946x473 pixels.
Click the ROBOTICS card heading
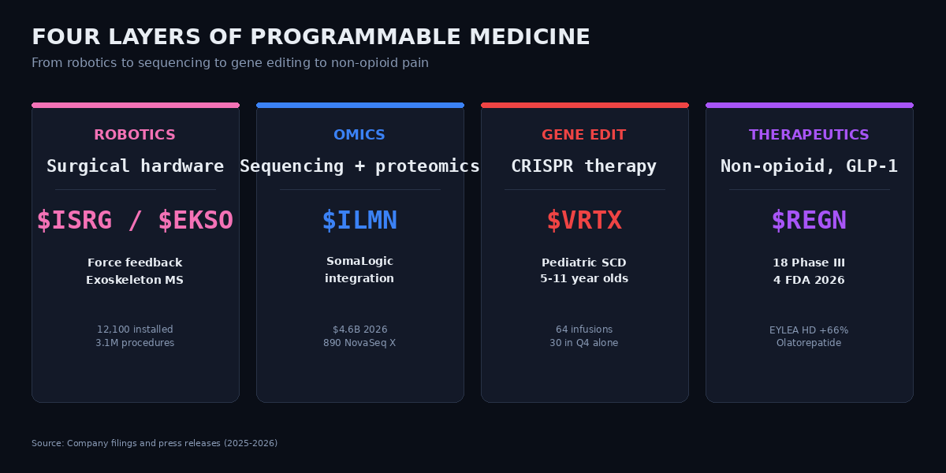tap(135, 135)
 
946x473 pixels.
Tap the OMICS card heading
tap(359, 135)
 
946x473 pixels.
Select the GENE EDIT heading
tap(584, 135)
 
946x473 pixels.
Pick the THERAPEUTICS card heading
tap(809, 135)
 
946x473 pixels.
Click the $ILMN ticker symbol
tap(359, 221)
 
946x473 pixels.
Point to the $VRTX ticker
tap(584, 221)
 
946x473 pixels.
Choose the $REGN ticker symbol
tap(809, 221)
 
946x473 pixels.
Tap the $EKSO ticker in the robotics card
tap(196, 221)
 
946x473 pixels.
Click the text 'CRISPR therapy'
tap(584, 166)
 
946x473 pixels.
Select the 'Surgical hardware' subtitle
tap(135, 166)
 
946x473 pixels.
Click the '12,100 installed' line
tap(135, 330)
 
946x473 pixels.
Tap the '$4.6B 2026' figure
tap(359, 330)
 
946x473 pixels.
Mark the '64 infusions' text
tap(584, 330)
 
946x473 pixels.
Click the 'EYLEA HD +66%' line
tap(809, 330)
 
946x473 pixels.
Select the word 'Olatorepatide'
tap(809, 343)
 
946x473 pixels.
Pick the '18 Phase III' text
tap(809, 263)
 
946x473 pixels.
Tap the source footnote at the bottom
tap(155, 443)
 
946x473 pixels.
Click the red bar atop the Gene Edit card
tap(584, 105)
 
